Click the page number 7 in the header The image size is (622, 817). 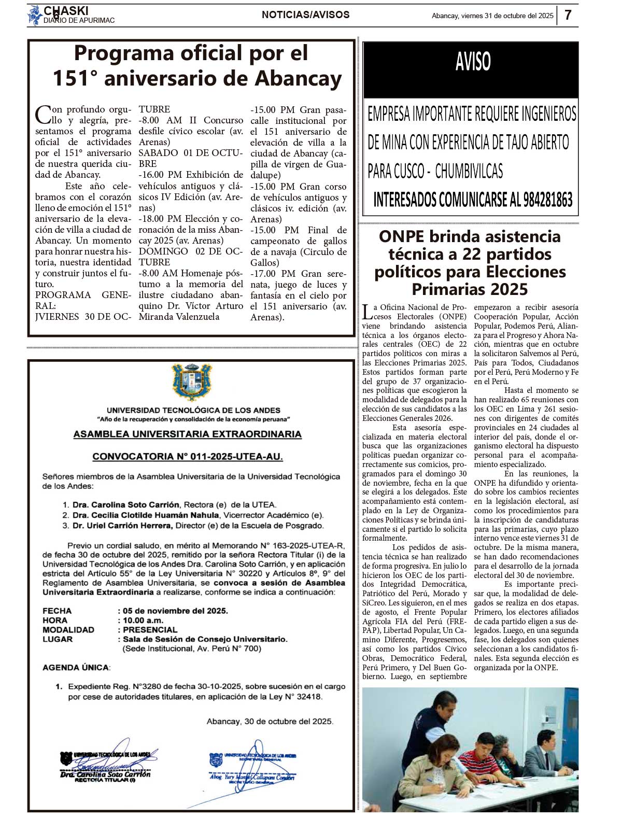tap(568, 15)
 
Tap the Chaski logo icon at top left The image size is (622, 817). tap(35, 16)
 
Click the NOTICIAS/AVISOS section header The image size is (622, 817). tap(305, 15)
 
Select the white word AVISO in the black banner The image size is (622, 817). tap(473, 62)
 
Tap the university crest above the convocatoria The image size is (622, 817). tap(192, 383)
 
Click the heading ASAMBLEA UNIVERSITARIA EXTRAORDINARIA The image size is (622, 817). tap(187, 434)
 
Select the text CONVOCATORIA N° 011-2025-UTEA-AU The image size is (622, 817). tap(188, 457)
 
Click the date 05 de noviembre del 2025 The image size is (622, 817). tap(175, 611)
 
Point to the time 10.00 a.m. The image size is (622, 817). tap(143, 620)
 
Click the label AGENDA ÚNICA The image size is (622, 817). tap(76, 667)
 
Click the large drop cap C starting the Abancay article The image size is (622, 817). tap(43, 114)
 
